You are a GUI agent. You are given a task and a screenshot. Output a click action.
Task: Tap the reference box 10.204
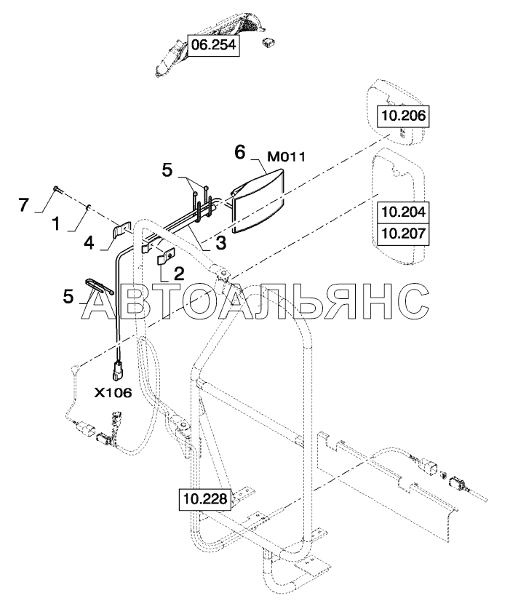(402, 213)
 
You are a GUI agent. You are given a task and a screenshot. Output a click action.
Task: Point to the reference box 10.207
(402, 232)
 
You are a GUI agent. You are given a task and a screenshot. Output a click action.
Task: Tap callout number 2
(178, 274)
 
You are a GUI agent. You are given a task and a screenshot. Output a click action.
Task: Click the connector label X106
(113, 393)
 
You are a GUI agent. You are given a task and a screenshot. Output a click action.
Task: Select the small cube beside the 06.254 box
(269, 43)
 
